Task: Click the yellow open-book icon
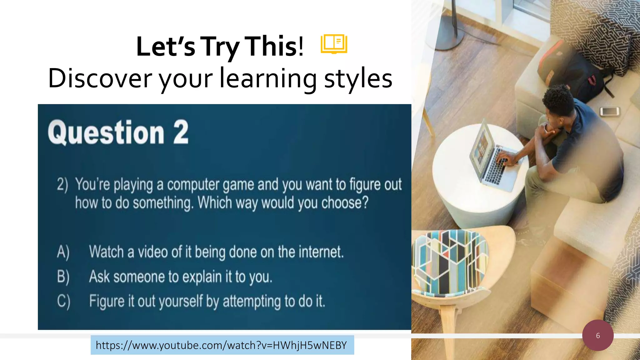[334, 44]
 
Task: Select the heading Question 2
[118, 132]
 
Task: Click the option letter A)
[63, 252]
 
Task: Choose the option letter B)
[63, 277]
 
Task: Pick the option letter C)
[63, 301]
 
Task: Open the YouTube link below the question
[222, 345]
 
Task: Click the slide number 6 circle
[597, 335]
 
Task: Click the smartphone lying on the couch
[609, 111]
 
